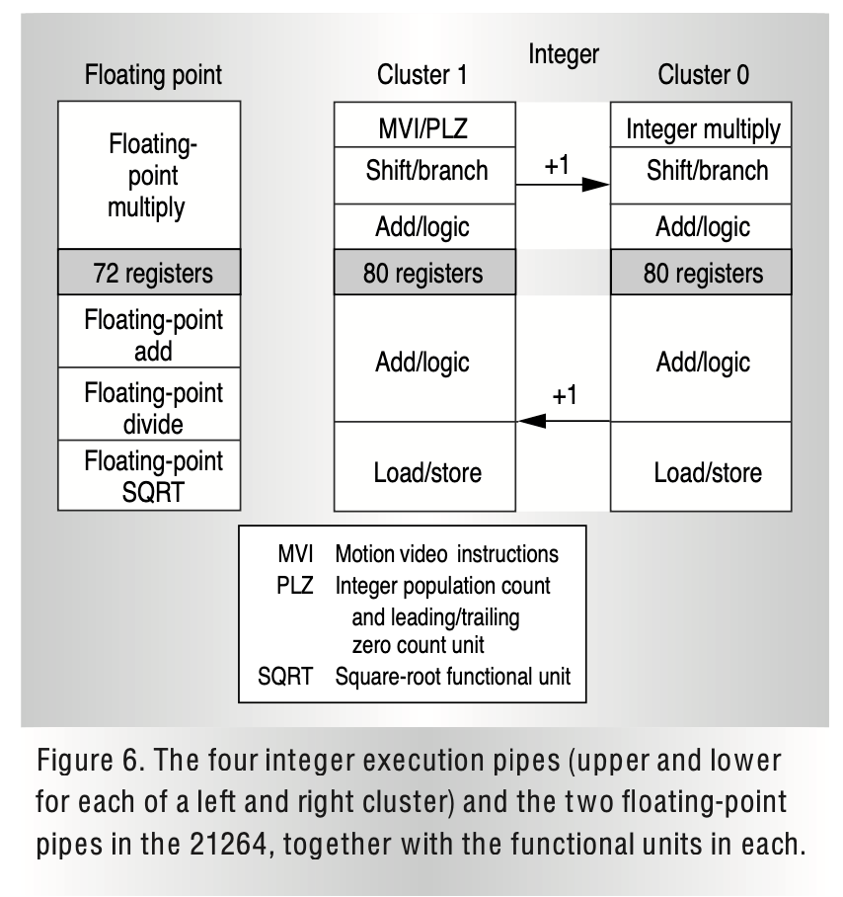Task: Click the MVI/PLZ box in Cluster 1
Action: click(x=424, y=124)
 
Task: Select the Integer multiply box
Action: click(x=701, y=124)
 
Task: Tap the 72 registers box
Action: click(x=149, y=272)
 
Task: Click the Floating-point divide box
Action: click(x=149, y=404)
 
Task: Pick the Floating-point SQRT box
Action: click(x=149, y=475)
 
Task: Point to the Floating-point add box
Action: click(x=149, y=331)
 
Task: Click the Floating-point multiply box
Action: click(x=149, y=175)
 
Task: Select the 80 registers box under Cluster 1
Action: click(x=424, y=272)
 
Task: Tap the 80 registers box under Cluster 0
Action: click(x=701, y=272)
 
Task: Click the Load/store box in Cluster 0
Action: click(x=701, y=466)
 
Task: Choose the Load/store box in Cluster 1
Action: click(x=424, y=466)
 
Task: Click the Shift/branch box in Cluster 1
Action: click(x=424, y=175)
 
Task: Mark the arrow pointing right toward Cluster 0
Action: click(x=563, y=184)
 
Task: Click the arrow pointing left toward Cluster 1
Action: click(x=564, y=421)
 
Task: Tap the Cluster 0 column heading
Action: click(x=703, y=74)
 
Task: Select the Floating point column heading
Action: click(x=153, y=75)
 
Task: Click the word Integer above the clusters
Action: click(x=564, y=55)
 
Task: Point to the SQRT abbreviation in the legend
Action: click(x=285, y=676)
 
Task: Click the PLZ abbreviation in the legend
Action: click(x=295, y=585)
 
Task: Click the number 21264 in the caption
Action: click(x=228, y=844)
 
